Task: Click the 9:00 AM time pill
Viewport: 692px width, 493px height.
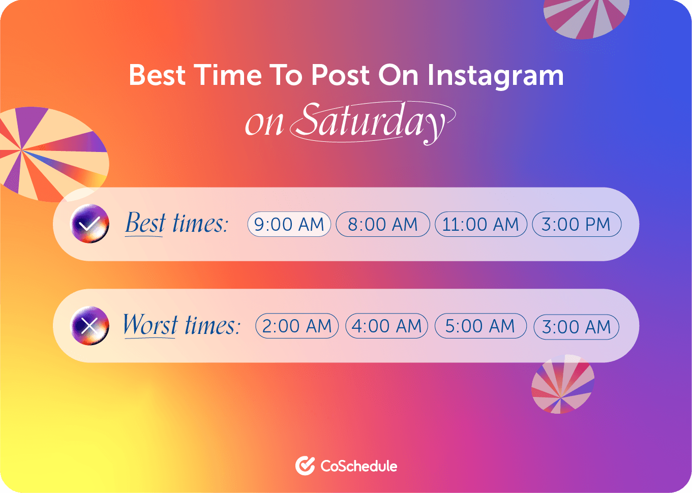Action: pos(289,224)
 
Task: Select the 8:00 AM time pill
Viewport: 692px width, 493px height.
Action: pos(383,224)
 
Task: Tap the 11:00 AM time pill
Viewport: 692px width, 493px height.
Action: pos(480,224)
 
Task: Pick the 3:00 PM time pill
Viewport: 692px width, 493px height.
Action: pos(577,224)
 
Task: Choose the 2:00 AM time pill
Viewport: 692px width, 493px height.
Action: pos(297,326)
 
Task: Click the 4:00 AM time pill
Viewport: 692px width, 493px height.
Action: pos(387,326)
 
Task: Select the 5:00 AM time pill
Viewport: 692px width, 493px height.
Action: pos(480,326)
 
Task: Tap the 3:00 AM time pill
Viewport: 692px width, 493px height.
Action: pos(577,327)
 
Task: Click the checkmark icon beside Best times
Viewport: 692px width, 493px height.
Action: pos(89,224)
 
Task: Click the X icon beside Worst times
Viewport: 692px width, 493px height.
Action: pos(89,326)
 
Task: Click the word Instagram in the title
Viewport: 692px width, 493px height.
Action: pos(496,76)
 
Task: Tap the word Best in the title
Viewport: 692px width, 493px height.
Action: pos(157,75)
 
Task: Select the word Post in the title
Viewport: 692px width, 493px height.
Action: pos(340,75)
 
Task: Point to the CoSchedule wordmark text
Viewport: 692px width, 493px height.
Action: pos(358,466)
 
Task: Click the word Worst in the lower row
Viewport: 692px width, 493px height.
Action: pos(151,325)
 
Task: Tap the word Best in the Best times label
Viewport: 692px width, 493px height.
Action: pos(145,223)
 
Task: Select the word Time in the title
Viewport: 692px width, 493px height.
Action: pos(228,75)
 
